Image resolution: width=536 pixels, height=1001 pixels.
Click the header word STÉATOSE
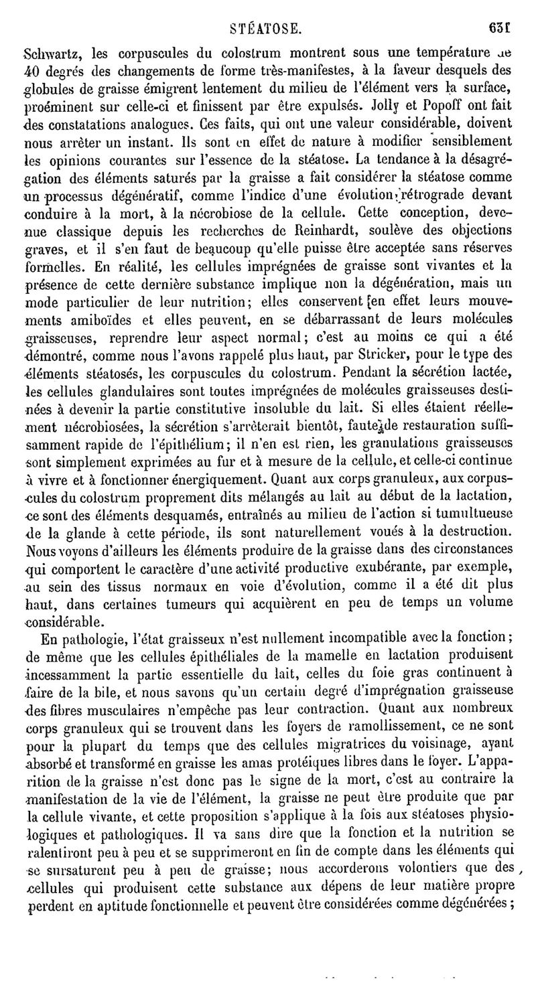pyautogui.click(x=267, y=10)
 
